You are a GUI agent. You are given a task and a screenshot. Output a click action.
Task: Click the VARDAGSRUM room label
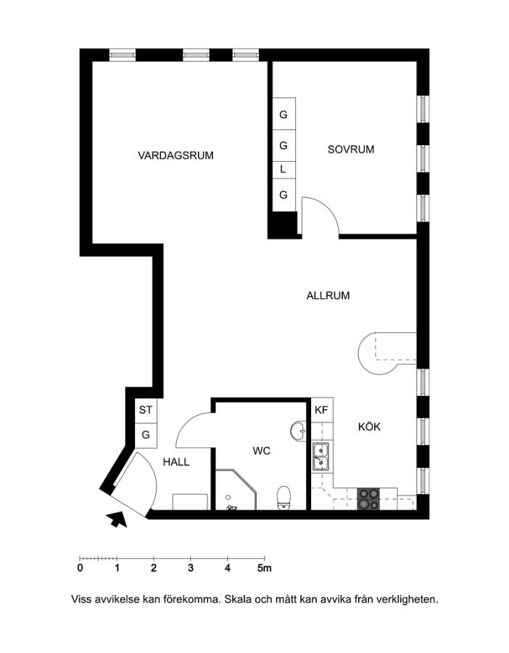tap(175, 155)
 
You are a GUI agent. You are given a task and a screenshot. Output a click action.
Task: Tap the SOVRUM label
tap(351, 149)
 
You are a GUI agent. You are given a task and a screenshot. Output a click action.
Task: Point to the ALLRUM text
tap(328, 296)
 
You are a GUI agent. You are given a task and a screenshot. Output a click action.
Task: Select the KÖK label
tap(369, 427)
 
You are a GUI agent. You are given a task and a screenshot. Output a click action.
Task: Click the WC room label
tap(261, 451)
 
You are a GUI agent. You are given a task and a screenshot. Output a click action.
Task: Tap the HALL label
tap(176, 462)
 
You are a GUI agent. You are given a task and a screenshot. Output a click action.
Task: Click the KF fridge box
tap(322, 410)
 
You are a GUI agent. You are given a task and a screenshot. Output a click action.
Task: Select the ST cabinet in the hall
tap(146, 410)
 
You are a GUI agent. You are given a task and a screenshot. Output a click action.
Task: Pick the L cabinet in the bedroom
tap(284, 170)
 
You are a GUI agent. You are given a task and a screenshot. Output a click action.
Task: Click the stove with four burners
tap(369, 499)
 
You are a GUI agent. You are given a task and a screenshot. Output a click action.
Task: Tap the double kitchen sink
tap(321, 457)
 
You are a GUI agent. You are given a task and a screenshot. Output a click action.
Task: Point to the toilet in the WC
tap(284, 498)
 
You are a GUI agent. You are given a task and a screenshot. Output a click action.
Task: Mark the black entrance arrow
tap(117, 519)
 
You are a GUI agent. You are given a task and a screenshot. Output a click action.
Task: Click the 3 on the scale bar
tap(191, 568)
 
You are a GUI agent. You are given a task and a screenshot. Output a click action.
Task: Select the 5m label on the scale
tap(264, 568)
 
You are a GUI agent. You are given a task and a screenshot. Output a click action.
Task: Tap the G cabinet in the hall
tap(146, 435)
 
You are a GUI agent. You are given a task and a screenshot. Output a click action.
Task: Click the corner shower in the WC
tap(236, 490)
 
